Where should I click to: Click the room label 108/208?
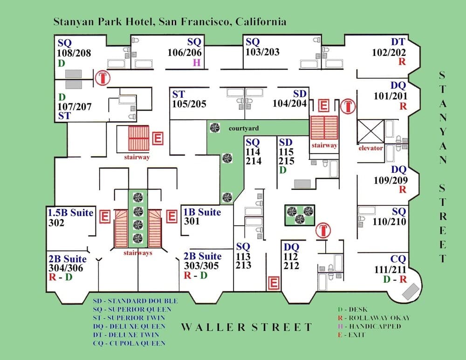click(x=74, y=53)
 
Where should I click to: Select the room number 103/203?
click(x=262, y=52)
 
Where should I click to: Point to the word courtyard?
click(x=243, y=128)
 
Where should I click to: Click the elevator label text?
click(x=370, y=148)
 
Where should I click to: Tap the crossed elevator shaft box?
click(x=370, y=132)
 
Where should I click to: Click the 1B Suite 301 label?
click(x=202, y=216)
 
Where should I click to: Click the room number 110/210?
click(x=389, y=222)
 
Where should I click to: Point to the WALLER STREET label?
click(x=246, y=327)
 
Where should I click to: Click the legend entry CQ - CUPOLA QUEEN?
click(x=129, y=343)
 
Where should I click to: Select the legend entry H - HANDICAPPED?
click(x=368, y=326)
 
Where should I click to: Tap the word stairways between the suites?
click(x=137, y=253)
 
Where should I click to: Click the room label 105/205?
click(x=189, y=104)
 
